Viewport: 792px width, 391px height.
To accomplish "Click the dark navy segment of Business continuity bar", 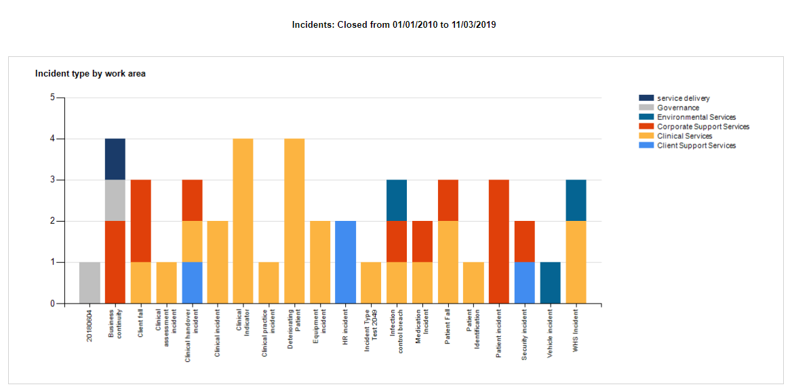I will point(115,159).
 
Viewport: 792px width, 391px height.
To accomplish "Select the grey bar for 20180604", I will point(90,283).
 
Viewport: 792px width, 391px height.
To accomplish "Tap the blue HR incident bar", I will point(345,262).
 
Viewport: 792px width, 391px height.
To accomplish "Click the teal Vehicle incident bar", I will point(550,283).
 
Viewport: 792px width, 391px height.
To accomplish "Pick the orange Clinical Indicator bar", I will point(243,221).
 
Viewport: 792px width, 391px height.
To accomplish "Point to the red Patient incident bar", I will point(498,241).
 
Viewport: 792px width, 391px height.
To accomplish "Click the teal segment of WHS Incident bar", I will point(576,201).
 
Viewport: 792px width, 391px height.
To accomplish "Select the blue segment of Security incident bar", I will point(524,283).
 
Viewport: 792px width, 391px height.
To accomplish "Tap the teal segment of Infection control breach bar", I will point(397,201).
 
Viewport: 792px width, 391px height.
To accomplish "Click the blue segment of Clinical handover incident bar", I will point(192,283).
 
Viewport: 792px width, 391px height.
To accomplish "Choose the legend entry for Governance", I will point(677,108).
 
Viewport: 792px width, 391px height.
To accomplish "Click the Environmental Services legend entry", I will point(696,117).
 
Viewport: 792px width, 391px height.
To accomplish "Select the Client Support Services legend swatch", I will point(646,146).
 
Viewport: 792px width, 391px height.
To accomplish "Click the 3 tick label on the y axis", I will point(52,180).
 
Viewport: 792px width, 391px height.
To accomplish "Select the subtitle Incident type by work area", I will point(90,73).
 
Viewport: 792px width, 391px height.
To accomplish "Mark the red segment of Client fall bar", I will point(140,221).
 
